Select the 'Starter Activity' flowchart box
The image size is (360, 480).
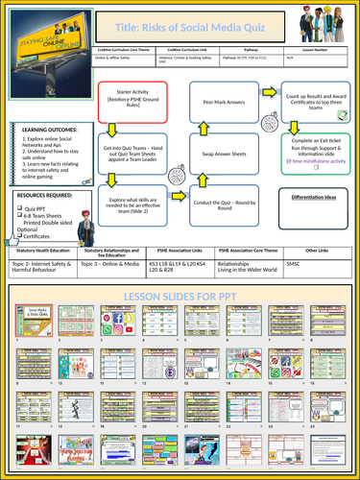(132, 100)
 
